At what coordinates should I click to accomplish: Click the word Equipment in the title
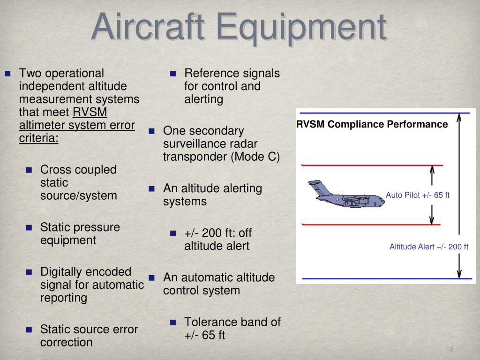tap(302, 30)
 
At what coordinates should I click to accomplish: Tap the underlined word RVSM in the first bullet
tap(90, 112)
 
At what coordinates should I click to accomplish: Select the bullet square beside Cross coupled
tap(29, 170)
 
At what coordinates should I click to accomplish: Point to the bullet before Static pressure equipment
tap(29, 227)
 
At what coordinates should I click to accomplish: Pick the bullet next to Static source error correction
tap(29, 330)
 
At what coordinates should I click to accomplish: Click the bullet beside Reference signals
tap(173, 74)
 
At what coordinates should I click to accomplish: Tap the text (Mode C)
tap(255, 157)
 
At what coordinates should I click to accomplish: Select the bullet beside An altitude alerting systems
tap(151, 188)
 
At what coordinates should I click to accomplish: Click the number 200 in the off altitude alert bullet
tap(212, 233)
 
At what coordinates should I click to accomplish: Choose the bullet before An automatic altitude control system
tap(151, 277)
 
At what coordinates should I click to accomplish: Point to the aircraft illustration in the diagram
tap(346, 194)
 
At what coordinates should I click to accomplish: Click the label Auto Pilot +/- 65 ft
tap(418, 195)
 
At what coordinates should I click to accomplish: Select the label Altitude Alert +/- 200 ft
tap(429, 247)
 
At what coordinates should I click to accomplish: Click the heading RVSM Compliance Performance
tap(372, 124)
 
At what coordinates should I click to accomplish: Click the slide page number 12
tap(450, 349)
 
